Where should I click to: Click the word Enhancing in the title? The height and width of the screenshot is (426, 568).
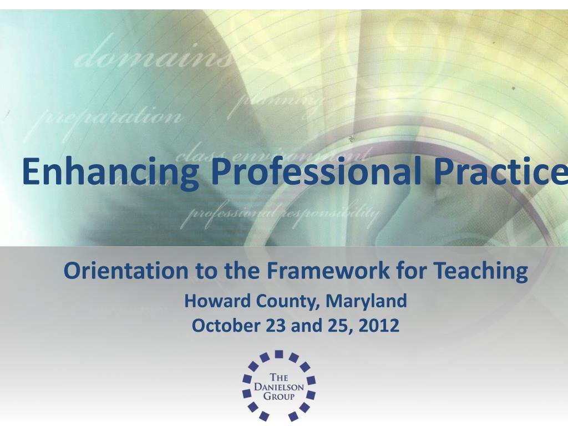point(110,172)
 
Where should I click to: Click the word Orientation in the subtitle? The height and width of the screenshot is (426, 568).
point(126,271)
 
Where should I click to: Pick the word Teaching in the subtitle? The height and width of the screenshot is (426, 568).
point(480,271)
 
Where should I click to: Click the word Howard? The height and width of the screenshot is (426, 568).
point(217,301)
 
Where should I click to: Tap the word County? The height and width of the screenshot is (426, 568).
point(287,302)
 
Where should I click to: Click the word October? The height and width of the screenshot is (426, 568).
point(226,326)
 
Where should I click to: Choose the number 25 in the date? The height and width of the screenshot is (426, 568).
point(334,326)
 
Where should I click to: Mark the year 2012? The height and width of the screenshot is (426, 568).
point(378,326)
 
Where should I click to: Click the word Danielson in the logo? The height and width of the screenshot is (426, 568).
point(279,387)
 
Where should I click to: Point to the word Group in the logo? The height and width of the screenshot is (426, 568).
point(278,397)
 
